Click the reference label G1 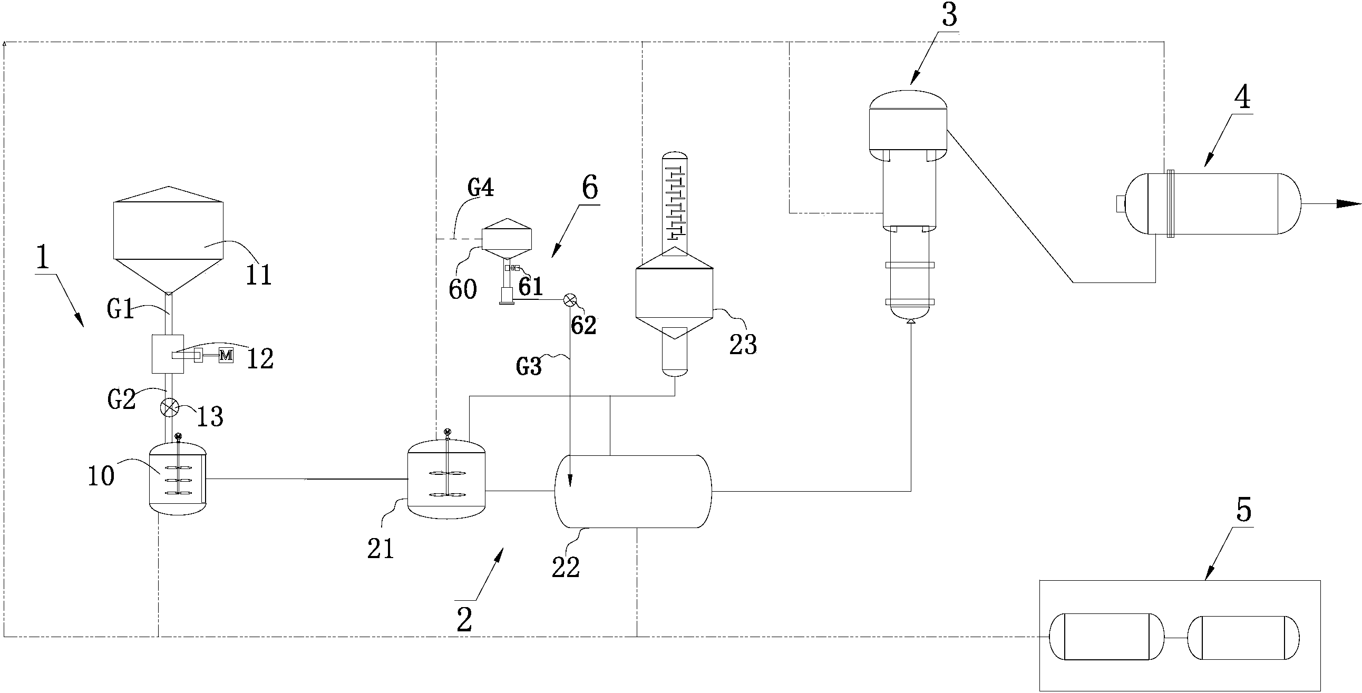coord(120,309)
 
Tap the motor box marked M coord(226,355)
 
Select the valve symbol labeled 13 coord(169,407)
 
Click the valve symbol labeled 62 coord(570,300)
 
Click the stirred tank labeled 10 coord(178,478)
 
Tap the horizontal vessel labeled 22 coord(633,491)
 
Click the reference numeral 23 coord(743,344)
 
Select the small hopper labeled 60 coord(507,238)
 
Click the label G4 coord(481,188)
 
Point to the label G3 coord(529,366)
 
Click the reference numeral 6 coord(589,188)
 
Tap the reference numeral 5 coord(1243,510)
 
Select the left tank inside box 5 coord(1107,637)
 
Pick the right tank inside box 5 coord(1243,638)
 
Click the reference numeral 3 coord(949,16)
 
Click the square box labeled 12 coord(168,354)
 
